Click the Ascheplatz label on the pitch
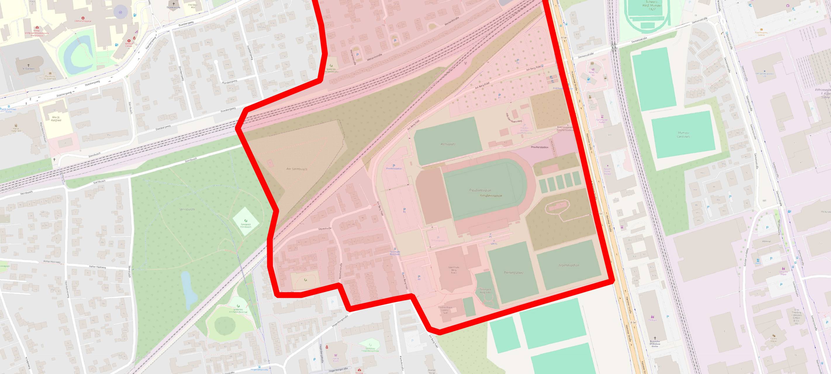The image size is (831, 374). (448, 144)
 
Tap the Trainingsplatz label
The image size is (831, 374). (513, 272)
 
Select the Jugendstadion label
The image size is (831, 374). (569, 265)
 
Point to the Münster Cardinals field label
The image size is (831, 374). (684, 134)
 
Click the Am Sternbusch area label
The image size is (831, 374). (296, 169)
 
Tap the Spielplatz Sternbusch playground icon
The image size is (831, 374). (246, 221)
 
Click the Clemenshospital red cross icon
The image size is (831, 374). (83, 18)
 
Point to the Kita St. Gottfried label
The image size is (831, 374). (56, 118)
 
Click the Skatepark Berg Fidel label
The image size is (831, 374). (485, 291)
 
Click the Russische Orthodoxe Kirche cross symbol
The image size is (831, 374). (654, 339)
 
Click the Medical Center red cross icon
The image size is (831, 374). (134, 38)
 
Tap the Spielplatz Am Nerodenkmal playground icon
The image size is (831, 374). (238, 306)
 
